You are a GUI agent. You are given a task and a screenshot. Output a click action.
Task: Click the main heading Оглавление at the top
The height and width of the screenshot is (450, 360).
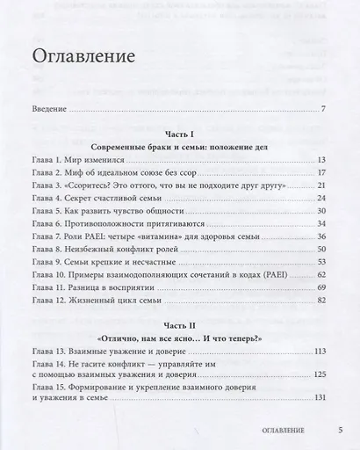[x=83, y=59]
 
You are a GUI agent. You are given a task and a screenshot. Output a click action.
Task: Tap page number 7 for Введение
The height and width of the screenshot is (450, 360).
[x=323, y=110]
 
